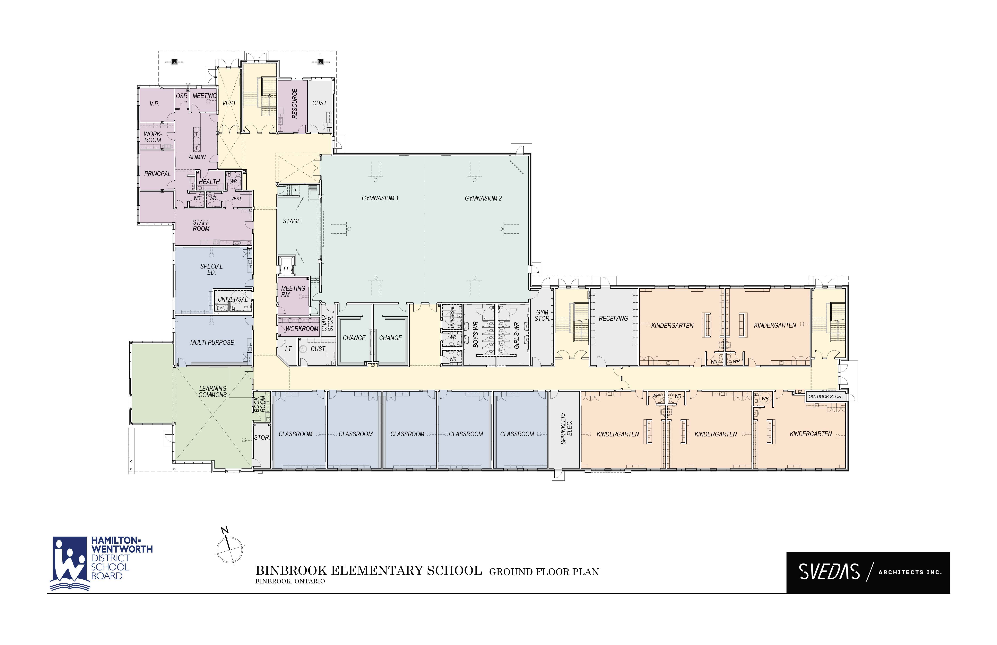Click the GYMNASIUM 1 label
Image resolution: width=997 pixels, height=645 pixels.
tap(380, 198)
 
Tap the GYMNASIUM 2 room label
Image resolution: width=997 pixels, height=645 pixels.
tap(483, 198)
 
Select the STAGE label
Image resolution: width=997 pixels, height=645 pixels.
tap(291, 221)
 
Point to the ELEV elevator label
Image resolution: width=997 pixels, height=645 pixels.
tap(287, 269)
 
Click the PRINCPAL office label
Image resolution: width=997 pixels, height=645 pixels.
tap(157, 173)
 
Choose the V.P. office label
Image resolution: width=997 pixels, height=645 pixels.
tap(154, 103)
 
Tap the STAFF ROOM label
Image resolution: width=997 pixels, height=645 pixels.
tap(201, 225)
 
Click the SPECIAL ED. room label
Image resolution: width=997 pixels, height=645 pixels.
tap(212, 269)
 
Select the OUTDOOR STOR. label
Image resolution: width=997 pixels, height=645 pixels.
tap(825, 396)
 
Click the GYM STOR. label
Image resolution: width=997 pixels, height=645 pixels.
tap(542, 315)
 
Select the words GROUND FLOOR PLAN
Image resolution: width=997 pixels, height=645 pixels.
tap(544, 572)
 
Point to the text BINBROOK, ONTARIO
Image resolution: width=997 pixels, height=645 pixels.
tap(290, 581)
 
